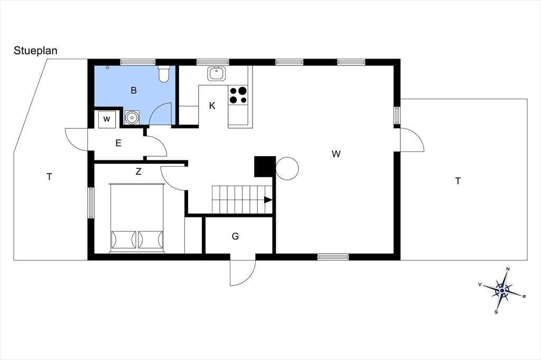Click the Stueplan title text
click(35, 51)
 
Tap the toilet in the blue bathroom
click(164, 74)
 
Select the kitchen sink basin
click(217, 73)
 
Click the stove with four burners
click(238, 95)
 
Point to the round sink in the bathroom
click(132, 117)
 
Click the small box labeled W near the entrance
click(107, 119)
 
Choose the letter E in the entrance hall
click(118, 143)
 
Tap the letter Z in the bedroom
click(138, 172)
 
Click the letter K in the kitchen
click(212, 106)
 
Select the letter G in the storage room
click(235, 236)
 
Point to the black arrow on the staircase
click(268, 200)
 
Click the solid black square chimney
click(265, 167)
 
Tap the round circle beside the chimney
click(287, 168)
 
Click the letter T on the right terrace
click(458, 181)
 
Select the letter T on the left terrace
click(49, 177)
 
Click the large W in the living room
click(336, 154)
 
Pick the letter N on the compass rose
click(508, 269)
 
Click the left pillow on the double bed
click(124, 240)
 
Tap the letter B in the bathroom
click(134, 90)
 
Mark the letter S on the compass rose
click(496, 312)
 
